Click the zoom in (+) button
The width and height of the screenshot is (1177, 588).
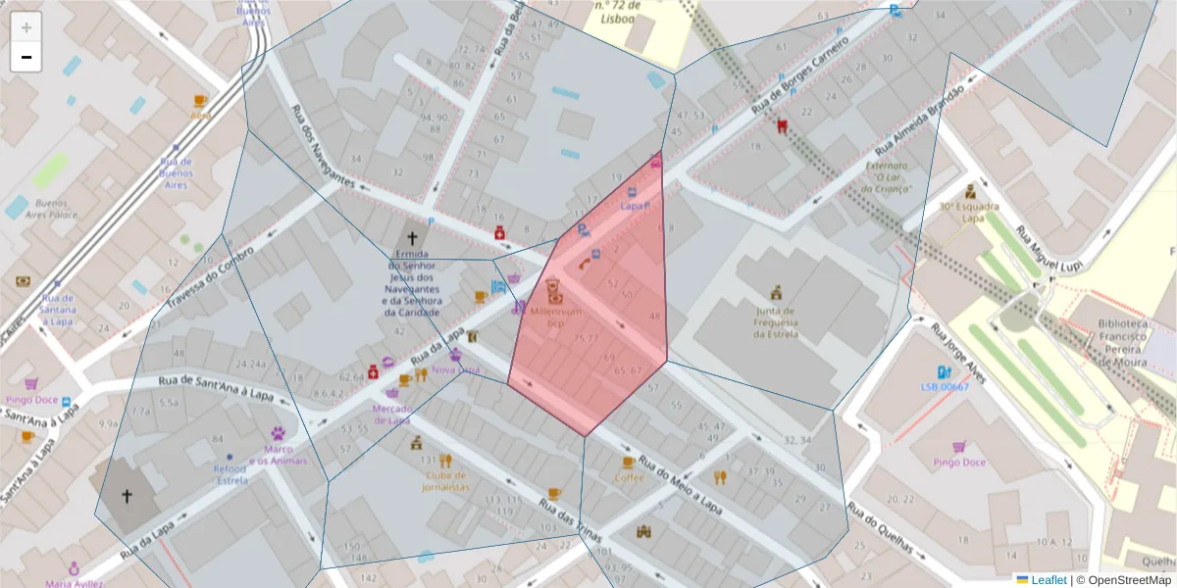[26, 27]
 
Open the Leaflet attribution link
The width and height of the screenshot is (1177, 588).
[1048, 580]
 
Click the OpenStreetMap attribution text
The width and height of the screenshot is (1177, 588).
[1123, 580]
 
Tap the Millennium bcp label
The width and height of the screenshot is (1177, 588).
[555, 317]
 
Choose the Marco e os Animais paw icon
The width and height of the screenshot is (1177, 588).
[279, 432]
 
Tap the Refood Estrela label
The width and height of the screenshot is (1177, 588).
[230, 475]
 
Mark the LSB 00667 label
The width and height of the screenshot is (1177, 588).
[945, 387]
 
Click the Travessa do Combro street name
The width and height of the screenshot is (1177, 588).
[209, 277]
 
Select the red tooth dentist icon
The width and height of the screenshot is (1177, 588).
[782, 125]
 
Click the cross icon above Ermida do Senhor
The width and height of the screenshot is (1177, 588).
[412, 238]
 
